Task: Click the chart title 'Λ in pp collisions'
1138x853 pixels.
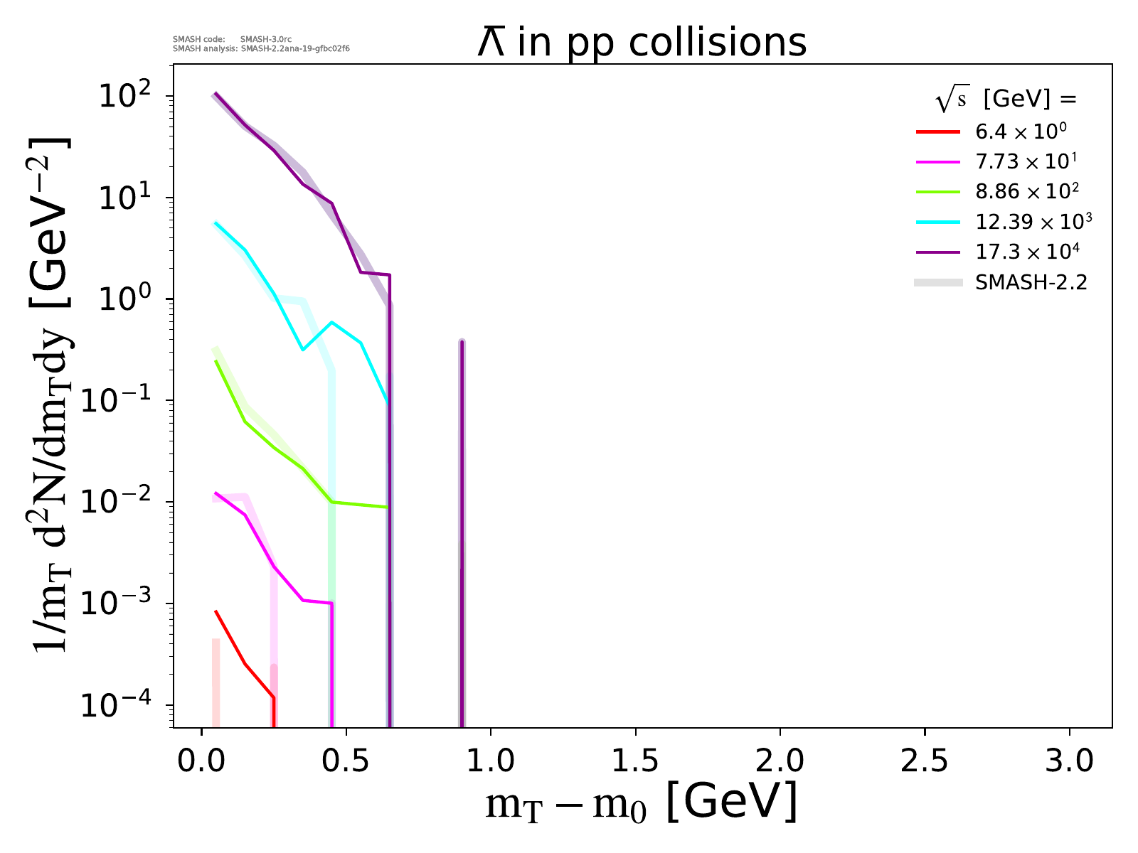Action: (642, 43)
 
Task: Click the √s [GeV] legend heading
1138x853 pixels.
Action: (1006, 100)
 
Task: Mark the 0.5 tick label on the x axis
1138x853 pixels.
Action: (346, 761)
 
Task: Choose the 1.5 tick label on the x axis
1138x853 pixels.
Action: (635, 761)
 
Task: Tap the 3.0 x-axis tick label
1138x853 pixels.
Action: (1069, 761)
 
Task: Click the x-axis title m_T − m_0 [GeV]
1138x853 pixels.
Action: (641, 803)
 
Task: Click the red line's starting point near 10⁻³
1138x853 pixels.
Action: (216, 611)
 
